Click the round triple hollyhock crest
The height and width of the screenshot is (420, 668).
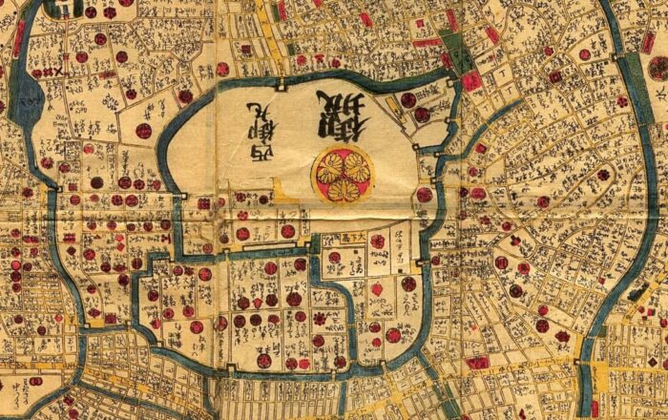pos(342,173)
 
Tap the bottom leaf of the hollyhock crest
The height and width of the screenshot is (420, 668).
pos(342,189)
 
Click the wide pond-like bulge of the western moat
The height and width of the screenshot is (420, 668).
pos(28,95)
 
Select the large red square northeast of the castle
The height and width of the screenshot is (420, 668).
pos(471,81)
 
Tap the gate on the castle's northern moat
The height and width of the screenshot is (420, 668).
pos(282,86)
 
